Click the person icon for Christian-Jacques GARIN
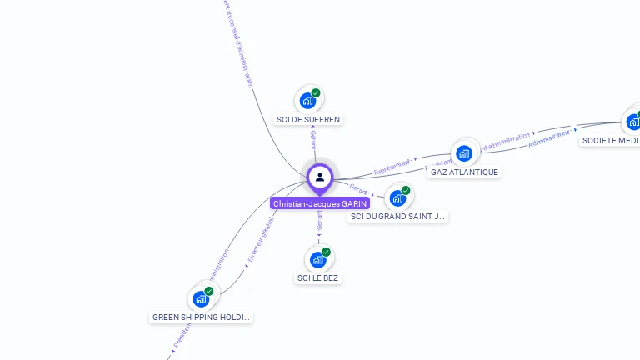pos(320,177)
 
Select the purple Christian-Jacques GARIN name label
pos(320,203)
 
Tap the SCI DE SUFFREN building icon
pos(308,101)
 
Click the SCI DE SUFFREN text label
pos(308,119)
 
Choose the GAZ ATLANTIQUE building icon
pos(464,152)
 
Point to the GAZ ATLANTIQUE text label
pos(464,172)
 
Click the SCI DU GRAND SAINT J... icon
pos(398,197)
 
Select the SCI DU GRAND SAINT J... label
pos(398,217)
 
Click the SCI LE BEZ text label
pos(318,277)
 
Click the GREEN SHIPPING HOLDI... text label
pos(202,317)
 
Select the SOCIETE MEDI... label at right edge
pos(611,140)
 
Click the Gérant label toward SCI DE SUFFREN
pos(313,138)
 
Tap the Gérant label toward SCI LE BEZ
pos(319,220)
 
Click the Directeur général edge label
pos(262,240)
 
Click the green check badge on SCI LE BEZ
pos(326,252)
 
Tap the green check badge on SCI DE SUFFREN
pos(316,93)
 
